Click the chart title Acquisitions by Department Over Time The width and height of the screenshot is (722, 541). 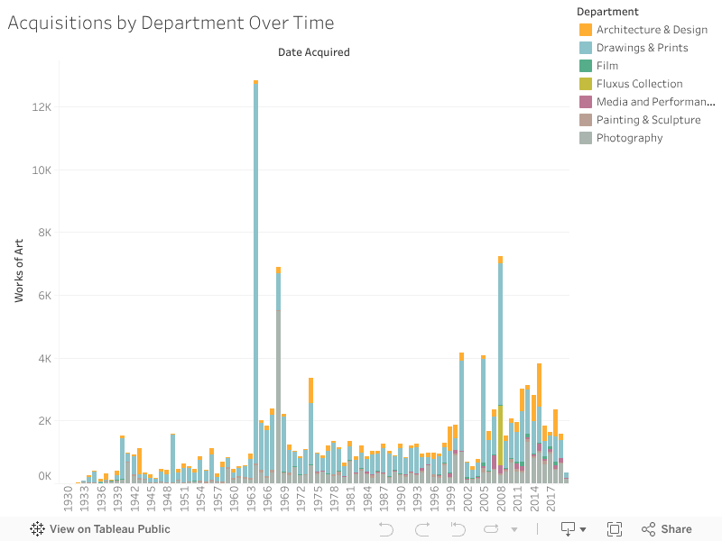click(x=171, y=23)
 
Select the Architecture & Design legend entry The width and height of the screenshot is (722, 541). click(x=651, y=30)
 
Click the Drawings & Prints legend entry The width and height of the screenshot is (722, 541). click(x=642, y=48)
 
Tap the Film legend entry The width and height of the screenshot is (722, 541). click(x=606, y=66)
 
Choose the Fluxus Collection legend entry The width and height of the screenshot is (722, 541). click(x=639, y=84)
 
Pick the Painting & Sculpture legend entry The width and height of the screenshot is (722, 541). click(x=648, y=120)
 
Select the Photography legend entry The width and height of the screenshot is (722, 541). click(x=629, y=138)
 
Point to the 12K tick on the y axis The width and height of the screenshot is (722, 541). click(x=42, y=107)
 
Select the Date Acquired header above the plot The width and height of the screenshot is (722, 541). click(x=313, y=52)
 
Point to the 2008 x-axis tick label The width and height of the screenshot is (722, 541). click(x=500, y=499)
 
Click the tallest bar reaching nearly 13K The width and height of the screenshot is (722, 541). click(x=256, y=270)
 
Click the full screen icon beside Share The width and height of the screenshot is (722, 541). click(x=615, y=529)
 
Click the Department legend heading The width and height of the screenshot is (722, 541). click(x=607, y=12)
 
